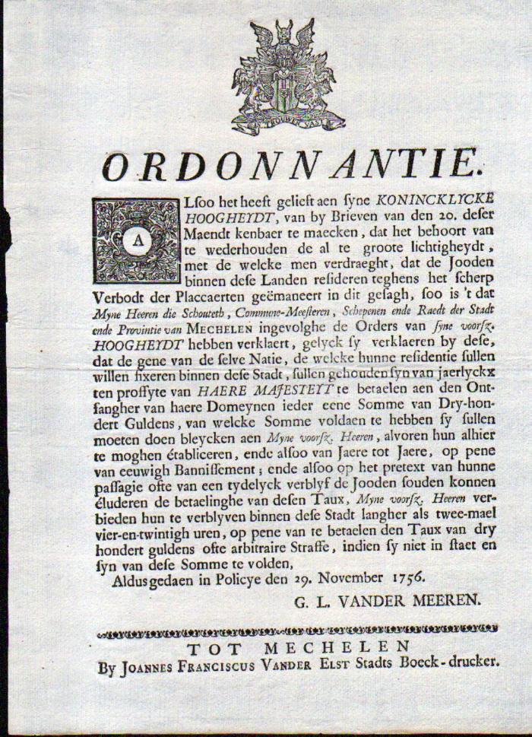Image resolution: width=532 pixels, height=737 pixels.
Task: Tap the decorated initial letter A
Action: point(136,240)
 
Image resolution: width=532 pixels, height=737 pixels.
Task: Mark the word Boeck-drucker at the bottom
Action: point(452,663)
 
